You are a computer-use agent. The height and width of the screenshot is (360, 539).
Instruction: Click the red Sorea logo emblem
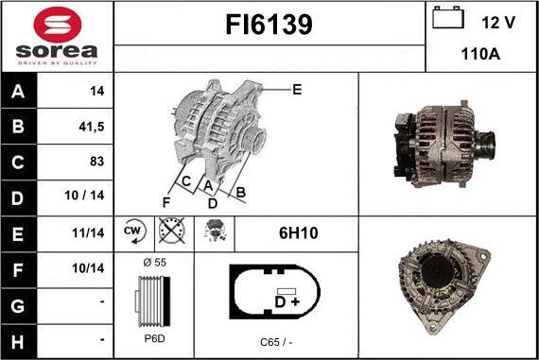click(58, 25)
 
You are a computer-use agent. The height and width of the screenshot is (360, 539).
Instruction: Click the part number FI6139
click(269, 25)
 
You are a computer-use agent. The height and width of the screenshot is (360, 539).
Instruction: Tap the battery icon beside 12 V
click(448, 18)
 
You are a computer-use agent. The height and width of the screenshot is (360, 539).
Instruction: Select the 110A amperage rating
click(480, 54)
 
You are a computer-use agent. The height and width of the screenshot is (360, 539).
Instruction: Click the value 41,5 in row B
click(91, 127)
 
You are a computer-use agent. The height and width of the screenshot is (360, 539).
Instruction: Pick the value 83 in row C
click(97, 162)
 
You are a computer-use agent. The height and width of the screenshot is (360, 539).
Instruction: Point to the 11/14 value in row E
click(88, 232)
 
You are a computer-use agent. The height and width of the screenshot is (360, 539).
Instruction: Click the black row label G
click(18, 306)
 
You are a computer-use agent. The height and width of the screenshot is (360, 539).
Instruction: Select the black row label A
click(18, 92)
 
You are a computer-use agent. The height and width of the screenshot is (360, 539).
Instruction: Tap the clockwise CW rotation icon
click(134, 231)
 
